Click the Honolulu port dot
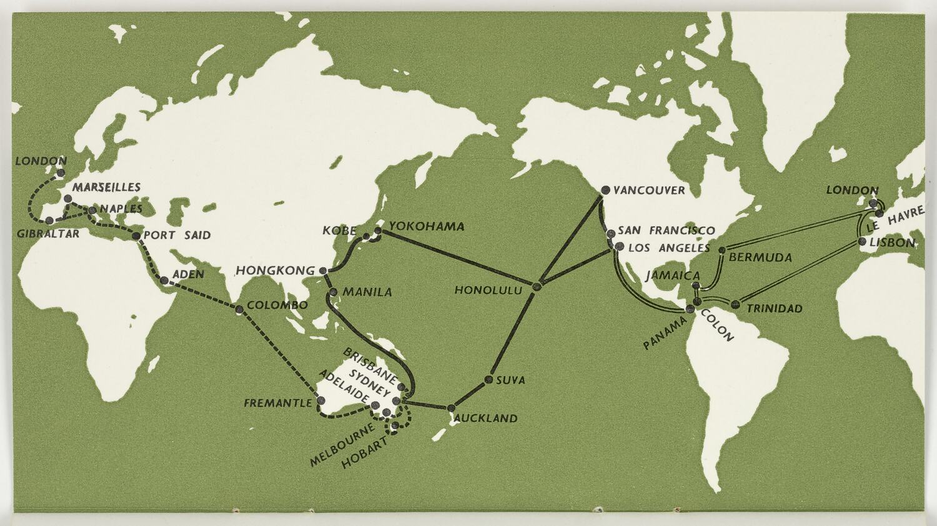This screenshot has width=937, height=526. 536,287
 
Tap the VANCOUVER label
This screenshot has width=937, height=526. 648,191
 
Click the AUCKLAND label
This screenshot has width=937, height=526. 486,419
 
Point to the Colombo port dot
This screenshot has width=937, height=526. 239,310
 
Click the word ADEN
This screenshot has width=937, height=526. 188,274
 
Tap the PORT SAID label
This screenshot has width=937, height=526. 177,236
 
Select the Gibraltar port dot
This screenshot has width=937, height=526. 49,221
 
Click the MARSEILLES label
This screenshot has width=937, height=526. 106,187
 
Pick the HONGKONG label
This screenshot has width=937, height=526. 275,271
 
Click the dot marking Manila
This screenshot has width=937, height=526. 333,292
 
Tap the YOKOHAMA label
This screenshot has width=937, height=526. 427,227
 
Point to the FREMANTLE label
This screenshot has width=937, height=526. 277,404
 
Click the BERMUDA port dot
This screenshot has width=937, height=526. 722,251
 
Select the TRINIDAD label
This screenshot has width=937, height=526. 775,309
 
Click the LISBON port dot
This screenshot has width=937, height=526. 862,241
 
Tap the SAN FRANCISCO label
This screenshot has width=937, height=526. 666,231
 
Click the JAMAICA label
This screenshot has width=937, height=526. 673,275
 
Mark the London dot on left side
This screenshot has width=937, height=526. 61,173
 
